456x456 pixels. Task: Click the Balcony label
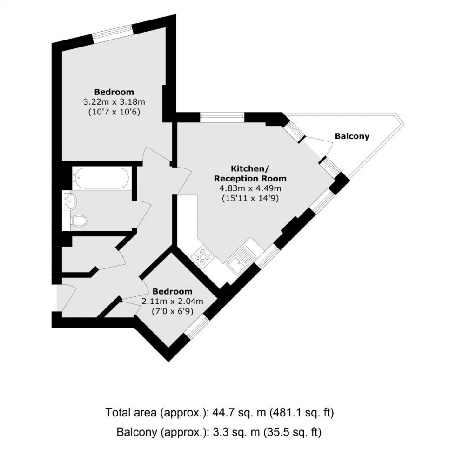point(352,136)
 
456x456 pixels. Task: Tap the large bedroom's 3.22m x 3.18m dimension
point(114,102)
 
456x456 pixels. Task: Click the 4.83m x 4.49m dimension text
point(250,188)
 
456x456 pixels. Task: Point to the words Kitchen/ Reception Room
point(250,173)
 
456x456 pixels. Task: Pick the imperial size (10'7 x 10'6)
point(114,112)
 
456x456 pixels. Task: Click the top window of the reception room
point(222,118)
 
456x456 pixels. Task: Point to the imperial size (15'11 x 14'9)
point(250,197)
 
